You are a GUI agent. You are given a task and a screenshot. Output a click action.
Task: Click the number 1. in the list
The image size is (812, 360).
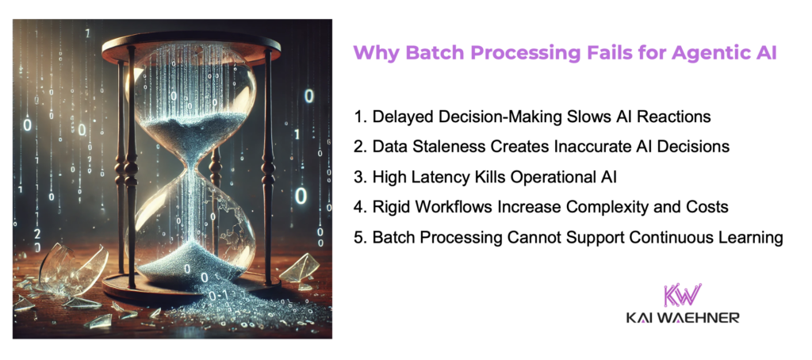pos(359,117)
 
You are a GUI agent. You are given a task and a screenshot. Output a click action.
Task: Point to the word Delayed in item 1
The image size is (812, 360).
pos(400,117)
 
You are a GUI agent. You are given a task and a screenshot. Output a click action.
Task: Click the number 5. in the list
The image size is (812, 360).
pos(359,237)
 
